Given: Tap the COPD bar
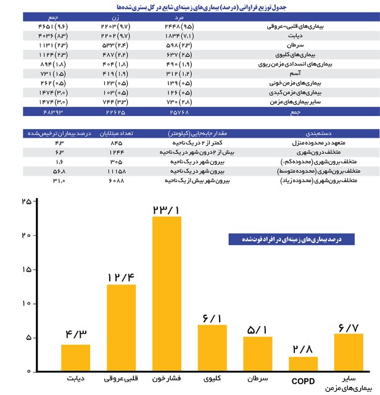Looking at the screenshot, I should pos(303,363).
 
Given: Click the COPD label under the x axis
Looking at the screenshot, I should pos(302,381).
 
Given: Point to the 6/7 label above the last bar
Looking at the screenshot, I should pos(349,325).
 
